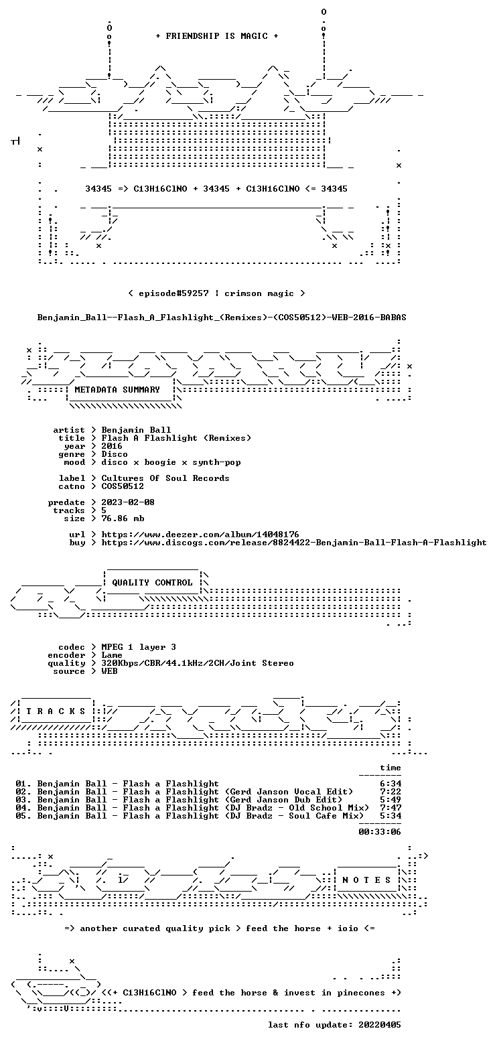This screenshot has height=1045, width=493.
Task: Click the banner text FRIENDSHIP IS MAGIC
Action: click(217, 36)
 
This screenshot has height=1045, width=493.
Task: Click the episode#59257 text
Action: click(173, 293)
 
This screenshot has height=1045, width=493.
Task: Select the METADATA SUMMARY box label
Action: click(117, 390)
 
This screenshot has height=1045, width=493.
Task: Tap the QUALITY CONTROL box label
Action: click(152, 583)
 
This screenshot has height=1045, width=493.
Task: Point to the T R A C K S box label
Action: click(56, 711)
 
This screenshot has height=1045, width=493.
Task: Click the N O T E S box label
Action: click(366, 880)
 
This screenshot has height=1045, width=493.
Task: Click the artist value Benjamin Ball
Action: click(136, 430)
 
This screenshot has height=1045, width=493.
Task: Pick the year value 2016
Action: click(112, 446)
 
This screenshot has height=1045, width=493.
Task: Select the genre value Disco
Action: click(115, 454)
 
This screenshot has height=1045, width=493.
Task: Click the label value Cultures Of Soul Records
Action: click(165, 478)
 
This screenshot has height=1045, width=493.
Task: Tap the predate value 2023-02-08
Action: click(128, 502)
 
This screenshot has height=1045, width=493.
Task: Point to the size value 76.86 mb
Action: click(123, 518)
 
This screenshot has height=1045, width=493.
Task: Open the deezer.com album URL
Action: click(200, 535)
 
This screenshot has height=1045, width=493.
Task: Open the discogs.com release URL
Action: click(294, 543)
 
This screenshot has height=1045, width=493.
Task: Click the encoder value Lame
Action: click(112, 655)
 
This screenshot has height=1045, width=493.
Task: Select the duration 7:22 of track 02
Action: click(391, 792)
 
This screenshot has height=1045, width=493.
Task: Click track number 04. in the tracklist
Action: click(23, 808)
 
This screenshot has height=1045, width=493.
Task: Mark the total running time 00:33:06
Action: click(380, 832)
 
